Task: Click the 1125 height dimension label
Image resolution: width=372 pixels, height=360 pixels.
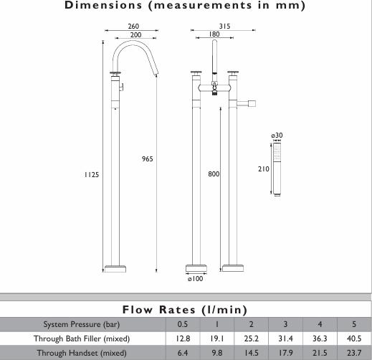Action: click(92, 175)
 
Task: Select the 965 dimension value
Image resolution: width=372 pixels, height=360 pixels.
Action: click(148, 159)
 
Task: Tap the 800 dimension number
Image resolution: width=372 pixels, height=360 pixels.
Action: click(214, 174)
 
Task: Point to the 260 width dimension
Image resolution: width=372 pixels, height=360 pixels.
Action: click(133, 26)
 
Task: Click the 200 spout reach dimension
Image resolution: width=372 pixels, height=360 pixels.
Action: click(135, 35)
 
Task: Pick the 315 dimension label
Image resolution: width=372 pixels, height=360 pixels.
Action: click(224, 26)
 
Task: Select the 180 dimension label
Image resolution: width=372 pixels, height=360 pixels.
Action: click(214, 34)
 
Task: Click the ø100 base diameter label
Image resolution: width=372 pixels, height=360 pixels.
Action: click(196, 279)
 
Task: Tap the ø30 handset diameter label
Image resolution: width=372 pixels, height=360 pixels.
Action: click(277, 136)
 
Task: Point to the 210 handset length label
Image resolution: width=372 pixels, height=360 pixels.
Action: click(264, 169)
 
